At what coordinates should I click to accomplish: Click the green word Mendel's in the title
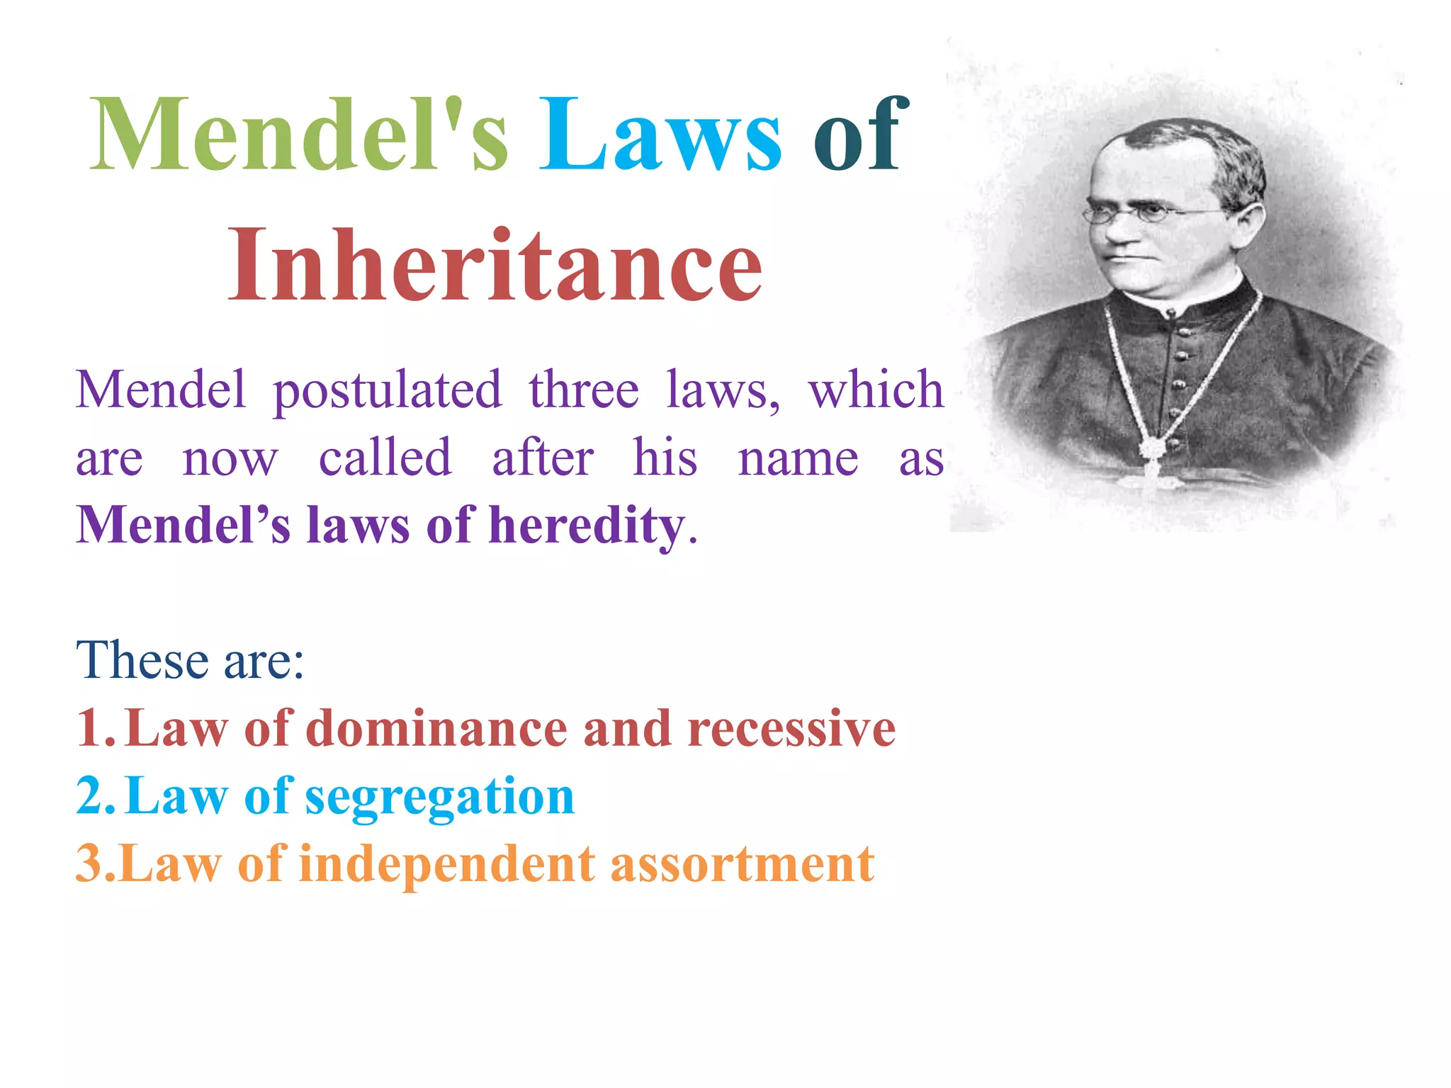pos(298,135)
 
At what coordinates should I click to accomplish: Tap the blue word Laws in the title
pos(660,135)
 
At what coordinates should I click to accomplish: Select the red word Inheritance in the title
pos(495,265)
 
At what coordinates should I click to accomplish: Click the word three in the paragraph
pos(583,390)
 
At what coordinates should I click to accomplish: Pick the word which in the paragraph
pos(876,390)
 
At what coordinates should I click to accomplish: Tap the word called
pos(385,458)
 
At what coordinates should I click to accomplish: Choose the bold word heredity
pos(587,526)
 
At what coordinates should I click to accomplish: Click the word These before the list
pos(142,660)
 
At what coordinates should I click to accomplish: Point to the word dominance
pos(436,728)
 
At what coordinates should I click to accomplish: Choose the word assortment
pos(742,864)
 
